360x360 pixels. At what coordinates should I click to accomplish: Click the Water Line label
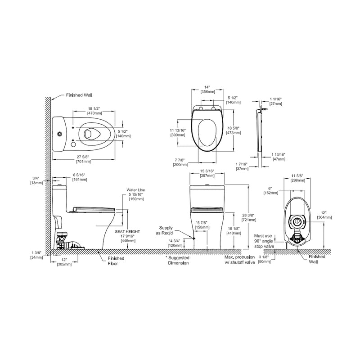coord(136,190)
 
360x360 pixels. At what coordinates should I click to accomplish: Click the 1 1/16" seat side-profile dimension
coord(276,101)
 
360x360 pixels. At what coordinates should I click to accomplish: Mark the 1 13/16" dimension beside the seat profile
coord(278,156)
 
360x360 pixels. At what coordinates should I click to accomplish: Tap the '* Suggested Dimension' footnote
coord(178,261)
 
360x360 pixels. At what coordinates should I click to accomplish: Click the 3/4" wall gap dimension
coord(36,180)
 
